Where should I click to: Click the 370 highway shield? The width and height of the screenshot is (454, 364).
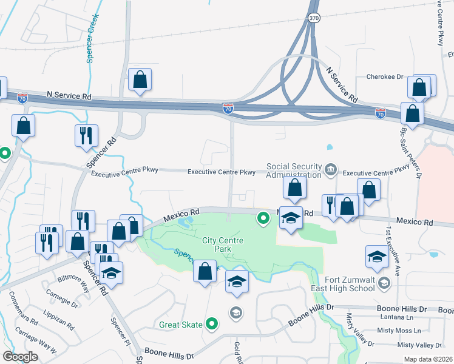point(313,19)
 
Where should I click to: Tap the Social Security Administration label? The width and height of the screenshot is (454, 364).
point(294,170)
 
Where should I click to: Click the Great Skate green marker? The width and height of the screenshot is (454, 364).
point(212,325)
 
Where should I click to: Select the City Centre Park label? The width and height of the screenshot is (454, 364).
point(223,245)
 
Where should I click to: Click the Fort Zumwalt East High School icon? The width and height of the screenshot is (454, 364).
point(384,283)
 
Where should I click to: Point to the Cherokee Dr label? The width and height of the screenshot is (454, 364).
point(385,77)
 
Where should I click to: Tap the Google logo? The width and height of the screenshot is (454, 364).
point(20,357)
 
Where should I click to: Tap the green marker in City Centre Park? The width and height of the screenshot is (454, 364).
point(263,217)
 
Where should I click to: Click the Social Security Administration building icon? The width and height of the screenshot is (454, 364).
point(331,169)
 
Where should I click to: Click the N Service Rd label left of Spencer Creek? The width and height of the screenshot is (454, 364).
point(69,96)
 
